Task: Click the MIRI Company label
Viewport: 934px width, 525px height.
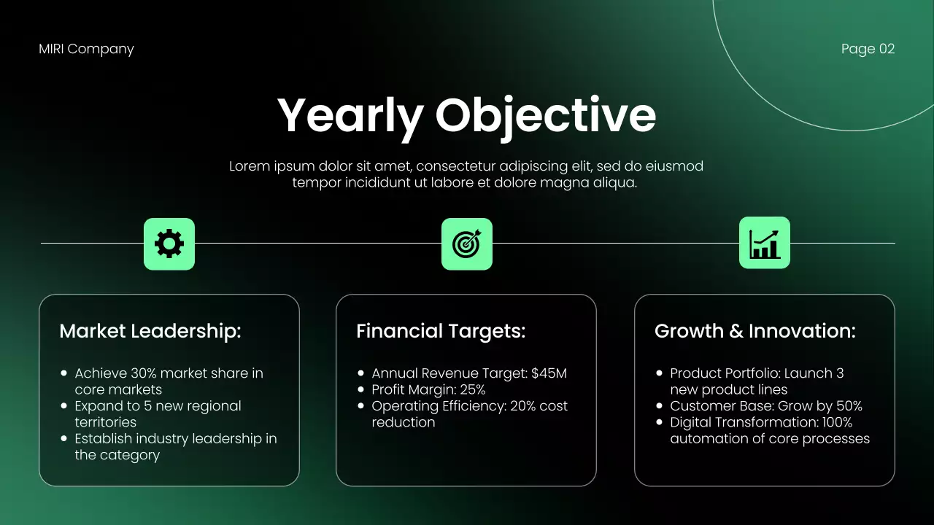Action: point(86,49)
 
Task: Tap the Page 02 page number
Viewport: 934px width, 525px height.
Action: point(868,49)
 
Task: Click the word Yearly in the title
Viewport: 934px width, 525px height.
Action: point(350,115)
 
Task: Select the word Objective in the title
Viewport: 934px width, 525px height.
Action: point(546,115)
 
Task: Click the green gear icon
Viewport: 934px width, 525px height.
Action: point(169,244)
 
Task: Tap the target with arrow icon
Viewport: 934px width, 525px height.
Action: point(467,244)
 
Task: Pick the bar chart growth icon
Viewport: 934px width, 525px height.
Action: point(764,243)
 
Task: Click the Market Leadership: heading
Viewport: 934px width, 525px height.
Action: point(150,331)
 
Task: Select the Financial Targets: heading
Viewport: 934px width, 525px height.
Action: point(441,331)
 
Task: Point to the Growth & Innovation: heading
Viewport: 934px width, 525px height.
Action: point(755,331)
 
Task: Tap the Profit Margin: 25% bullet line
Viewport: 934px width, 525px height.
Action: point(428,389)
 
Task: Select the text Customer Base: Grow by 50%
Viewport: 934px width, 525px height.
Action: point(766,406)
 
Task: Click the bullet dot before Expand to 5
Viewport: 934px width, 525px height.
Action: point(64,406)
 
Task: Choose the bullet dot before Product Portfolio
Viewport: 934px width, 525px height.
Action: point(660,373)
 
